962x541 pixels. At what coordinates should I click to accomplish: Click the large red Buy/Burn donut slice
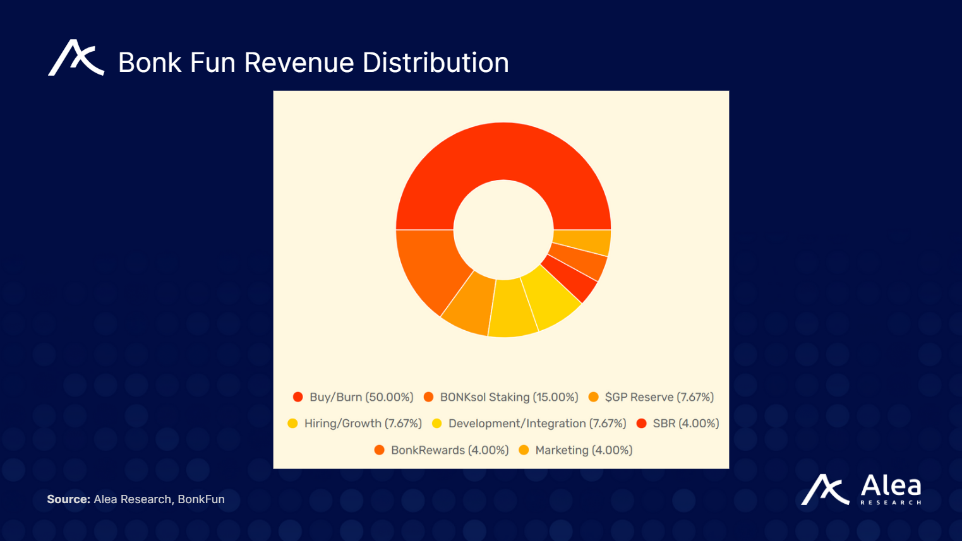(x=503, y=152)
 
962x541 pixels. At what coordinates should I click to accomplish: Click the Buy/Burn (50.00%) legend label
(x=361, y=397)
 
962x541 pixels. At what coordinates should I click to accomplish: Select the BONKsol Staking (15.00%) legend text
(x=508, y=397)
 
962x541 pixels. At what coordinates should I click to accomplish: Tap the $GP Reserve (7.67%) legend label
(x=659, y=397)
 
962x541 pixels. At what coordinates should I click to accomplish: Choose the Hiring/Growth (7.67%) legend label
(x=363, y=424)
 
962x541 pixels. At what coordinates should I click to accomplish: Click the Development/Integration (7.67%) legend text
(x=537, y=424)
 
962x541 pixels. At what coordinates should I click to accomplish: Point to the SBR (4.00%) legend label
(x=685, y=424)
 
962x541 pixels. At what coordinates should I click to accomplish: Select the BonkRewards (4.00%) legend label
(x=449, y=450)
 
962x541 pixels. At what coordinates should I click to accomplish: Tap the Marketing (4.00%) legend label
(x=583, y=450)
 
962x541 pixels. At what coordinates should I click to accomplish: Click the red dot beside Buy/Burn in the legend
(x=298, y=397)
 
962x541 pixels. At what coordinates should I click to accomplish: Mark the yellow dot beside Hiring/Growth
(x=292, y=424)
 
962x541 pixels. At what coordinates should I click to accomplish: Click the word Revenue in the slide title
(x=299, y=62)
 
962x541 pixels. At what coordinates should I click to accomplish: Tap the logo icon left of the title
(x=76, y=58)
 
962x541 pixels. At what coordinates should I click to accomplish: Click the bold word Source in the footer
(x=68, y=499)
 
